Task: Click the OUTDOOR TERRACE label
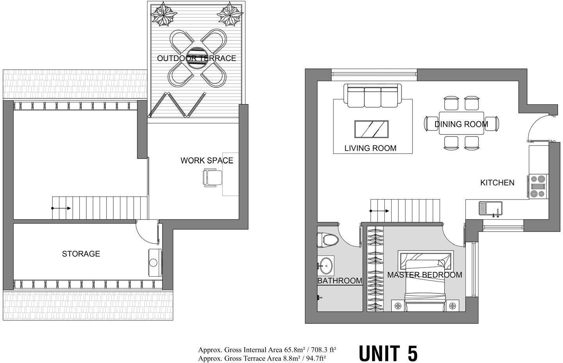196,58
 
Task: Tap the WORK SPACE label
206,160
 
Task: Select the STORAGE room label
81,254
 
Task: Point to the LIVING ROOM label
370,148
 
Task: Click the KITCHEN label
497,183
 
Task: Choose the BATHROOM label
339,281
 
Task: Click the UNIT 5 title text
388,353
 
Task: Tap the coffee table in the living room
371,129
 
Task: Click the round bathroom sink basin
325,266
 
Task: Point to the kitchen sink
491,208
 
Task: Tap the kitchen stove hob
538,187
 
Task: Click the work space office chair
212,178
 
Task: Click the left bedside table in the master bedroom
398,305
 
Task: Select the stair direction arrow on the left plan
61,208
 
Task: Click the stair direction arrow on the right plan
380,211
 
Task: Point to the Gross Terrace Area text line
262,358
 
